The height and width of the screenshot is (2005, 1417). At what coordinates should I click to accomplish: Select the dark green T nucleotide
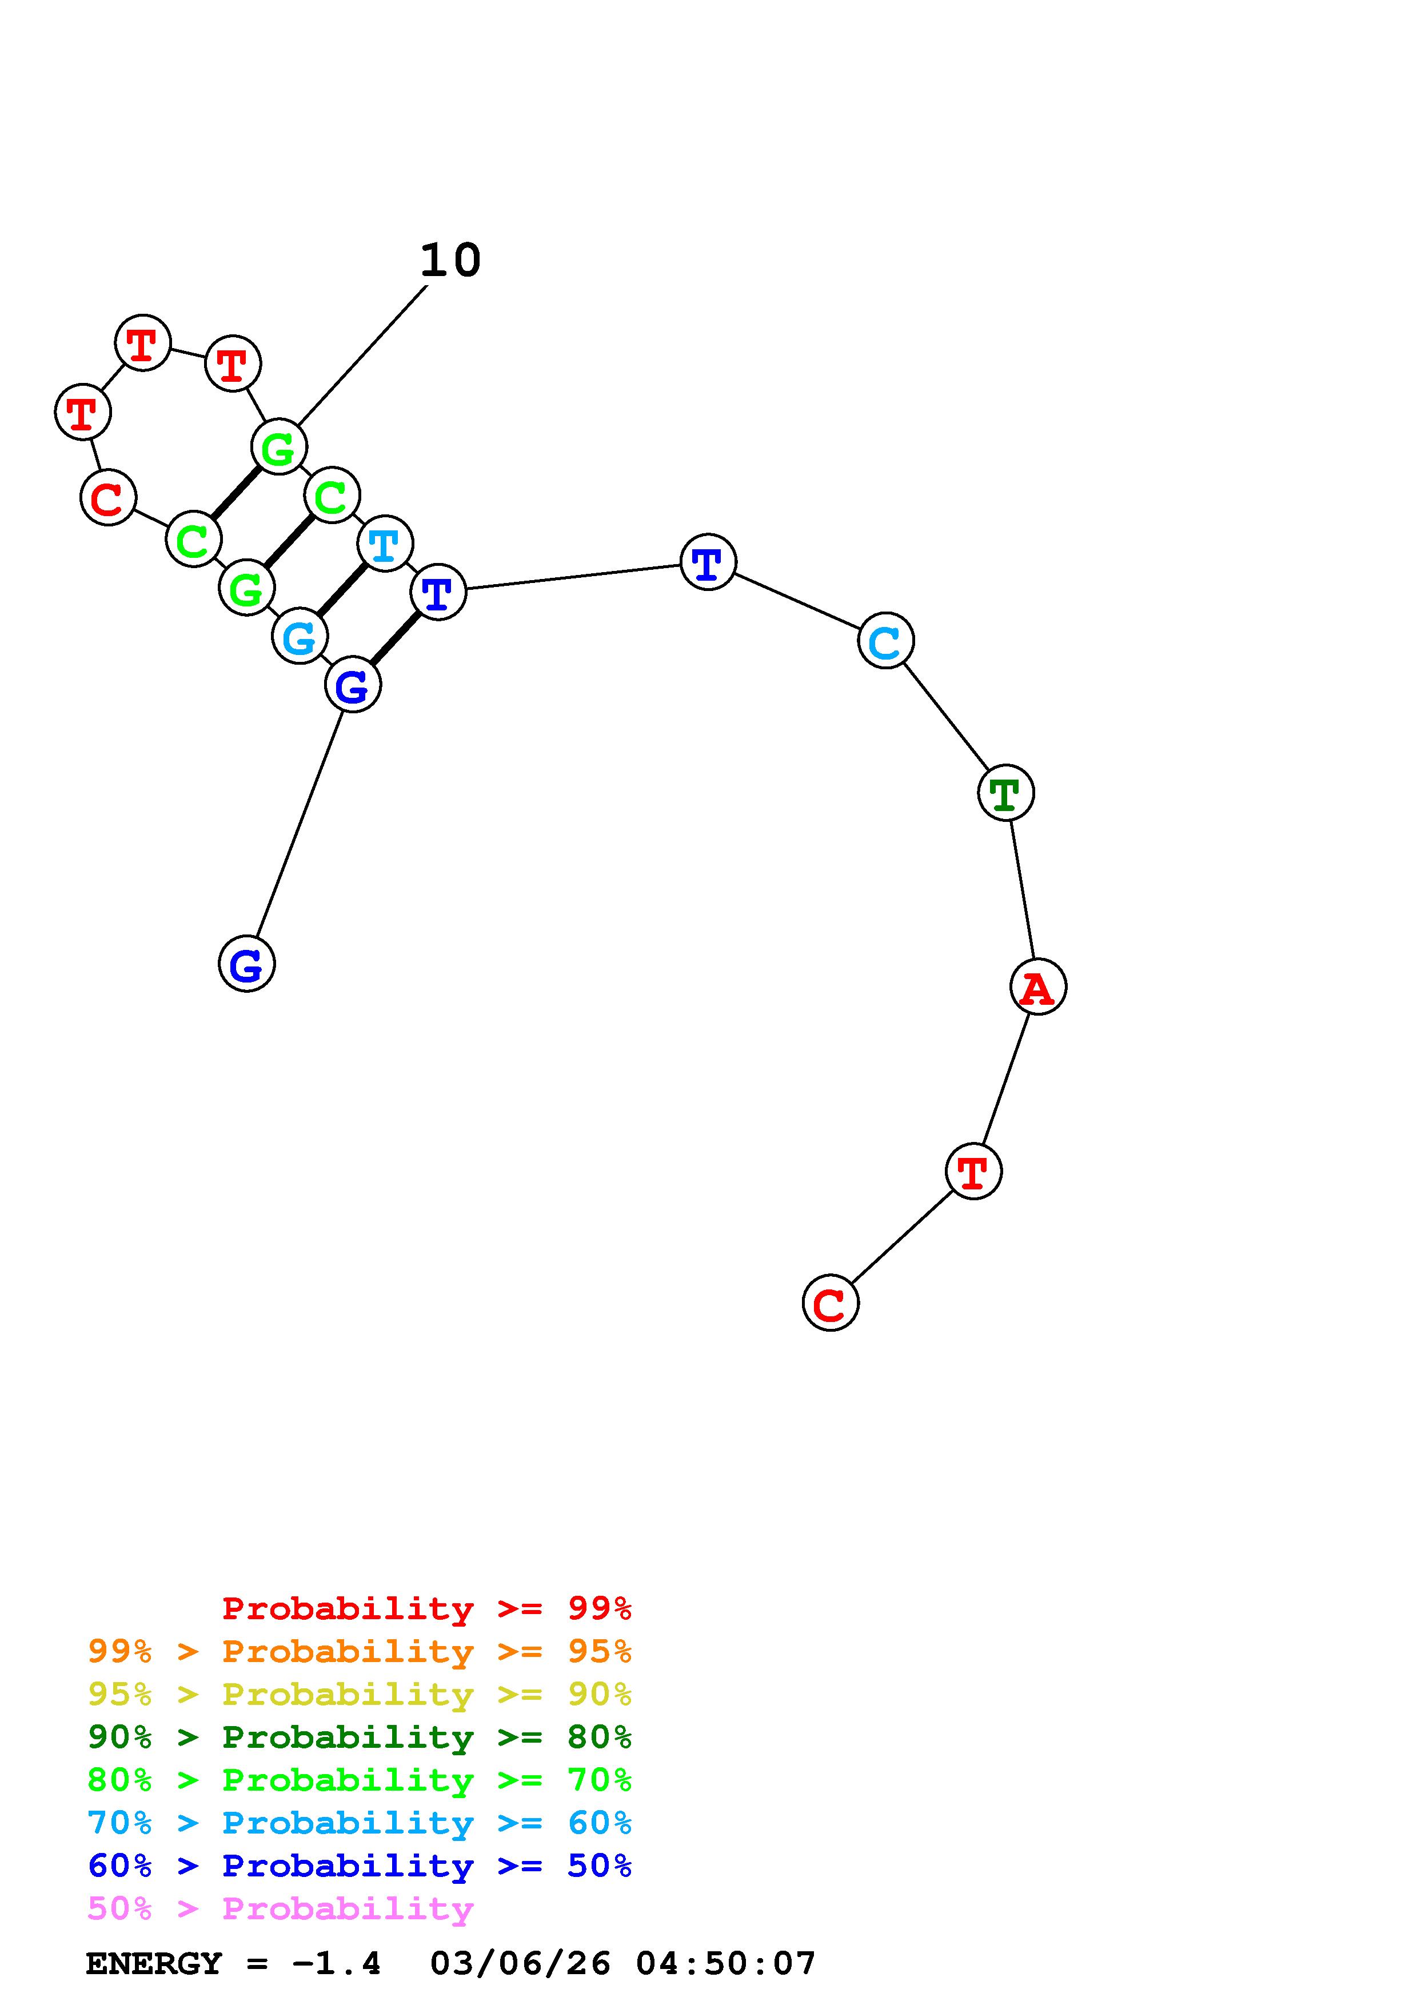coord(1006,793)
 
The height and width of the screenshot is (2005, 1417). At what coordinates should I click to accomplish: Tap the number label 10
coord(450,260)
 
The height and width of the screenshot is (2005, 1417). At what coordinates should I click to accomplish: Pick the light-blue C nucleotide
coord(885,641)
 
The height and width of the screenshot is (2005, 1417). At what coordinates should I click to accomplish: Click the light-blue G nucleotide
coord(300,637)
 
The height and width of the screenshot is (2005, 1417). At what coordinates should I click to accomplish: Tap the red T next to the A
coord(973,1171)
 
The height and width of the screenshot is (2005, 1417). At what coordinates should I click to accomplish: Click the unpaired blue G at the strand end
coord(246,964)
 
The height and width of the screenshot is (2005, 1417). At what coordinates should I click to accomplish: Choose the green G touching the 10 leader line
coord(278,447)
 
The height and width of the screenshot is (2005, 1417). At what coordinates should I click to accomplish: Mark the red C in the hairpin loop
coord(108,498)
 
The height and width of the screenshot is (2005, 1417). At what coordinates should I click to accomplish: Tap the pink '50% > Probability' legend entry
coord(280,1909)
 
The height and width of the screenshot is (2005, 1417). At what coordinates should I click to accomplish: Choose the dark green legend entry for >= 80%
coord(359,1737)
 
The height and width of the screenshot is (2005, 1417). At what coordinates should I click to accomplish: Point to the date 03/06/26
coord(520,1964)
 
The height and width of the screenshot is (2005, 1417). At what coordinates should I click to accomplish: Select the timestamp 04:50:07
coord(725,1964)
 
